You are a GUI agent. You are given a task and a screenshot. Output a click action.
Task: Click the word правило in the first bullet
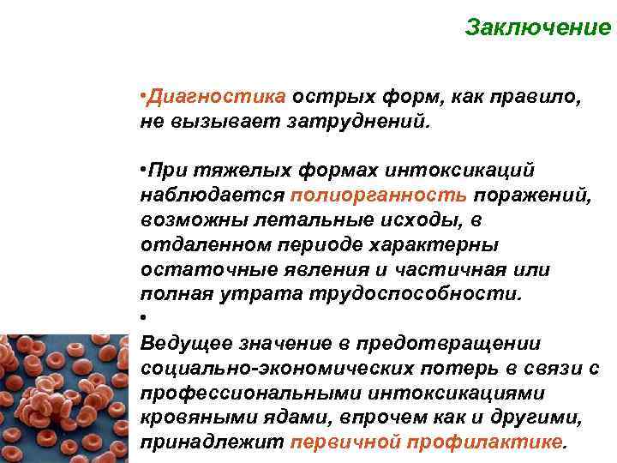tap(542, 96)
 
